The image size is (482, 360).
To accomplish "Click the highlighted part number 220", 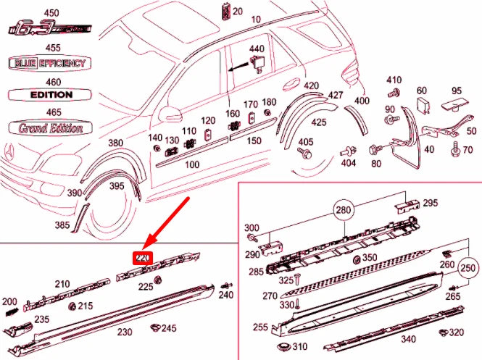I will pos(143,258).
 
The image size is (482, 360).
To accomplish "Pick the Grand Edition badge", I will pos(47,127).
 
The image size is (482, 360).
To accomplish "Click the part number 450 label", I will pos(51,14).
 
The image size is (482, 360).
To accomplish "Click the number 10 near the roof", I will pos(256,19).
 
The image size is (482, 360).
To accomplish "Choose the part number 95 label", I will pos(457,91).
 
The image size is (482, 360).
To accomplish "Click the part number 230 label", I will pos(125,332).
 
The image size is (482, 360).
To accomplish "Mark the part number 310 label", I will pos(300,347).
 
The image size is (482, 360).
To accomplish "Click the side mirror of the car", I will pos(172,113).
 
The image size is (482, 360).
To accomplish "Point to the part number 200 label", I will pos(9,301).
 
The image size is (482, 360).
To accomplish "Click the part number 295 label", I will pos(431,202).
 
